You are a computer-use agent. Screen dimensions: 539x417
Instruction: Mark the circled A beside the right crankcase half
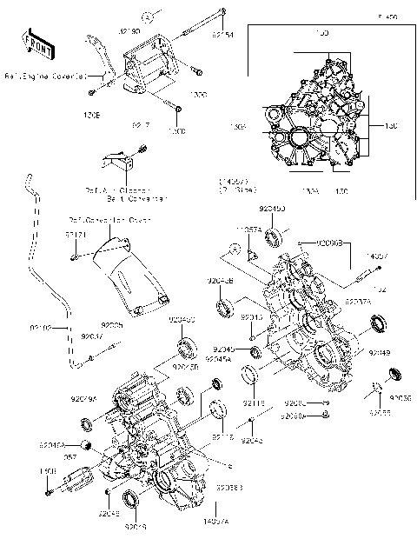233,250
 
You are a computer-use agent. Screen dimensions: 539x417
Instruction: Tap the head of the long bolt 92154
223,12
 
